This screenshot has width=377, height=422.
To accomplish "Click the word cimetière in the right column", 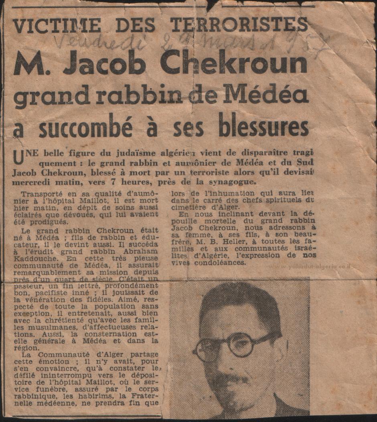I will [188, 207].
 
